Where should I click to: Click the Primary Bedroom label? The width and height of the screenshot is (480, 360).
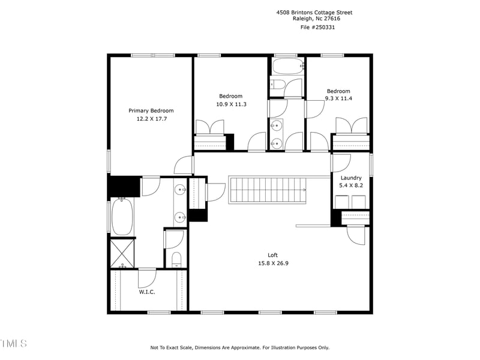151,110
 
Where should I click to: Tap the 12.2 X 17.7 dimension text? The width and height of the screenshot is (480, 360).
151,119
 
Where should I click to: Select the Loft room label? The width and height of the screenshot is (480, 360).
272,255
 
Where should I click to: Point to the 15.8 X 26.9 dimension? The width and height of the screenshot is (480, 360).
272,263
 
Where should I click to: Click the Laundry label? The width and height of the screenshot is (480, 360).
351,178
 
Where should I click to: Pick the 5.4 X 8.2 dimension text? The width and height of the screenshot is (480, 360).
351,186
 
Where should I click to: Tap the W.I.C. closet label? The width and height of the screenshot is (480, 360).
148,292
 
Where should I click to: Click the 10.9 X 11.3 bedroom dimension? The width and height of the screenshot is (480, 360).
230,104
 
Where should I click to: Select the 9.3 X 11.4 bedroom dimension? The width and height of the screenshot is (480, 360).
338,98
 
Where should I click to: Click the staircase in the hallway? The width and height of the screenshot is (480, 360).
267,190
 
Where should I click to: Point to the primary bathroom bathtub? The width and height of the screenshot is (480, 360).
121,217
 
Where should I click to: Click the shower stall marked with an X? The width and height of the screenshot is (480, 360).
122,253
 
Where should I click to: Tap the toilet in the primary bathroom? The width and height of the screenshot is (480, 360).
176,259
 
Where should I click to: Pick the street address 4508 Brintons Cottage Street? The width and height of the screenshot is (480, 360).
314,12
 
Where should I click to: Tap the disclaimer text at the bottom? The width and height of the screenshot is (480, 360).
239,347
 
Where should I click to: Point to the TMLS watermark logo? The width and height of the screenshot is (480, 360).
13,344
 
